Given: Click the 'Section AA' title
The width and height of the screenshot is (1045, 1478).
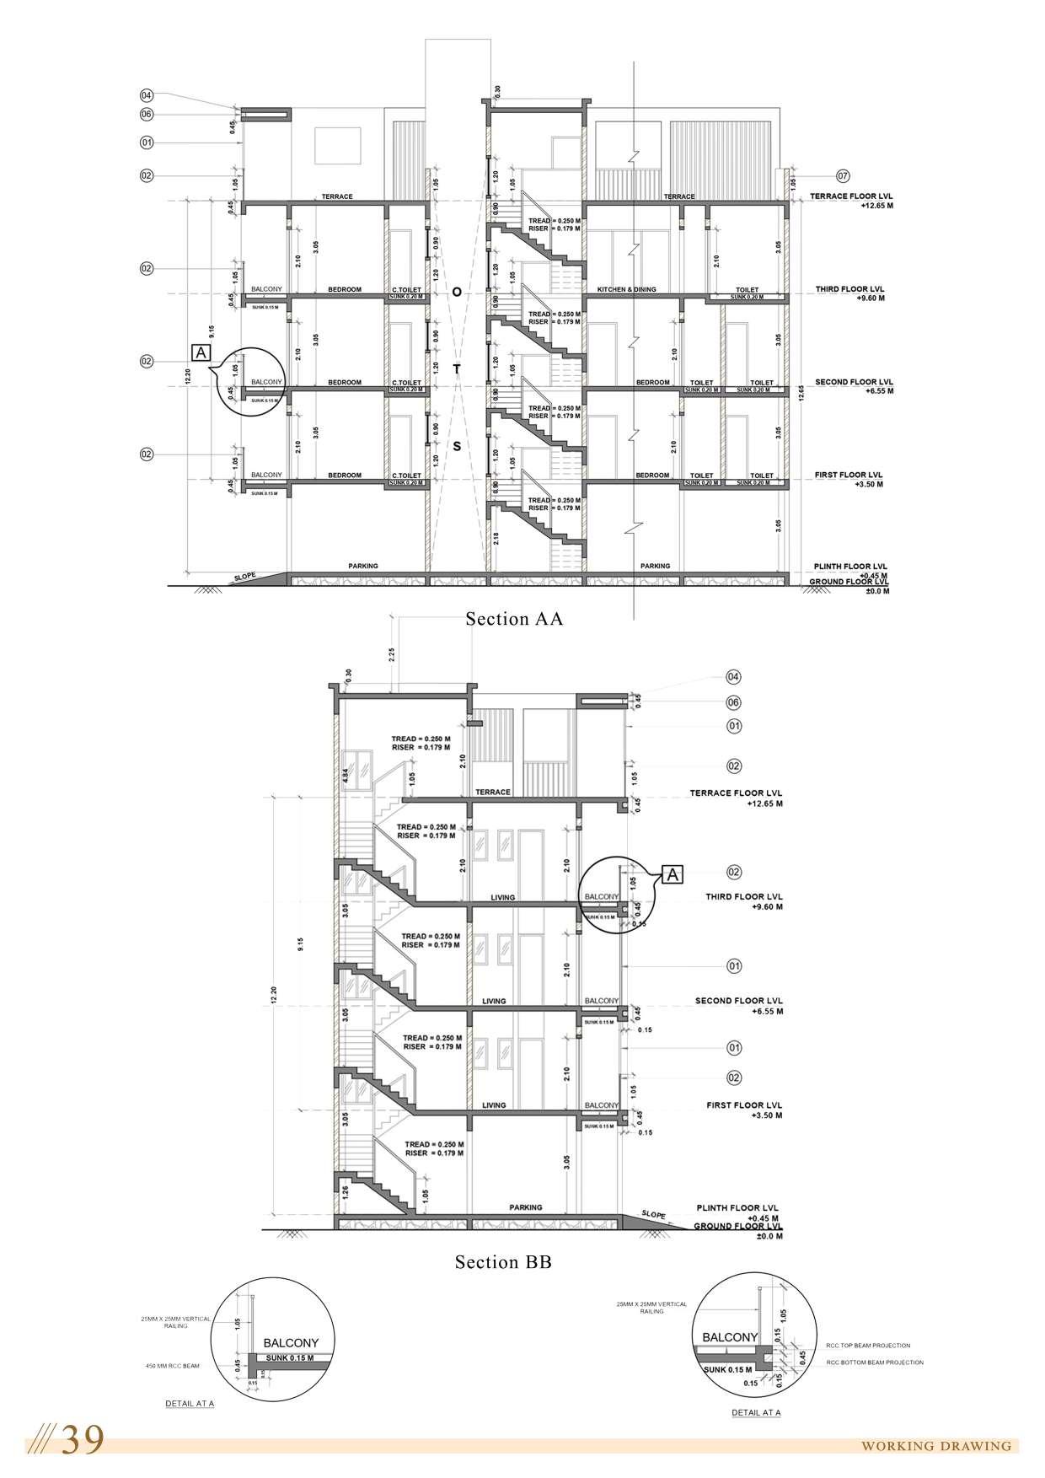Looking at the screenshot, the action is (x=514, y=619).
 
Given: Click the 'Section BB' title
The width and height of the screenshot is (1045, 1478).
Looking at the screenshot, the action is (x=503, y=1262).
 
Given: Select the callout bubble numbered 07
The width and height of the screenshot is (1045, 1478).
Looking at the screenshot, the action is (x=843, y=175).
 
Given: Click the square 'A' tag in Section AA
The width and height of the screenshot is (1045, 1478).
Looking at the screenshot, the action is (x=202, y=352).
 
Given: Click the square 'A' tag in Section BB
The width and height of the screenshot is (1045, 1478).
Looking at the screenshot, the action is (x=672, y=874).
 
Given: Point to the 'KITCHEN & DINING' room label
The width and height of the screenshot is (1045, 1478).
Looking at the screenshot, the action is (x=626, y=289).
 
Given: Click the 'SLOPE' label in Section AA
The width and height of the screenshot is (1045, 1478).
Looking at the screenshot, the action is (x=245, y=576).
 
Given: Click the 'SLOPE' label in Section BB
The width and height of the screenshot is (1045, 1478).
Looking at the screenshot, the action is (x=653, y=1215).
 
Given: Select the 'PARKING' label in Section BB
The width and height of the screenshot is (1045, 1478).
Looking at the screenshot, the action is (x=526, y=1207).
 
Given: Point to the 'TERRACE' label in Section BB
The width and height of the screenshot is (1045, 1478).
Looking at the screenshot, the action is (x=492, y=792).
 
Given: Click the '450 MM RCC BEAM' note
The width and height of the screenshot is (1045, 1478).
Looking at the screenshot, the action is (x=173, y=1366).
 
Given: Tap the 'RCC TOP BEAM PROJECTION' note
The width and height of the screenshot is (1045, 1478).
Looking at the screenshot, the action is (x=868, y=1346).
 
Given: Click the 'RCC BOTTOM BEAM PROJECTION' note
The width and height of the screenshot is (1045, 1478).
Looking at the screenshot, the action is (x=875, y=1362).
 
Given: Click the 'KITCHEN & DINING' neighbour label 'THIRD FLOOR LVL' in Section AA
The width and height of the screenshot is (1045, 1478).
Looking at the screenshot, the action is (x=849, y=289).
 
